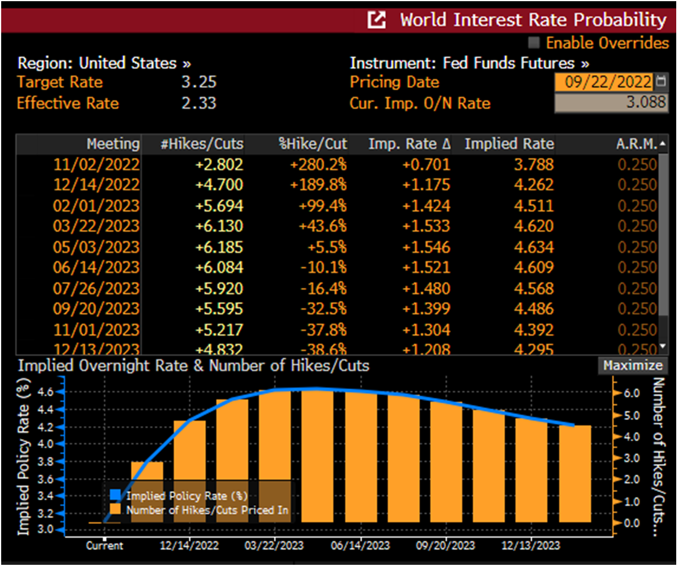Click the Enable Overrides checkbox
(534, 43)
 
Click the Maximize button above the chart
(632, 366)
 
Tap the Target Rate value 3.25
(198, 82)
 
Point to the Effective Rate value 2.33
(198, 103)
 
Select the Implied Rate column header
(509, 144)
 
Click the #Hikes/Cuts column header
(202, 144)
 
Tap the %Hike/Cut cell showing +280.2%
(318, 164)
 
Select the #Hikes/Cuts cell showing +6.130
(219, 226)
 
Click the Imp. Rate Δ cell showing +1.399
(426, 309)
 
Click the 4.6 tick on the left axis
(46, 392)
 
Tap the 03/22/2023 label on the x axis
(274, 545)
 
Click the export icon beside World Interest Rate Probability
(377, 20)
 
